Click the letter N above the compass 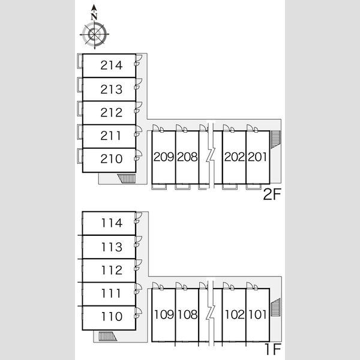94,17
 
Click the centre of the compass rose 94,34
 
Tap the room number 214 112,65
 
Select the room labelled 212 112,113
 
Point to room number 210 112,159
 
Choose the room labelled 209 164,157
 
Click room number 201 257,157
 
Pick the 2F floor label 272,194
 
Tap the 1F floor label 273,349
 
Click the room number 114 112,223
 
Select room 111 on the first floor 111,293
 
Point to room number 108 187,314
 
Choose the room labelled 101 257,314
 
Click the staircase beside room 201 275,140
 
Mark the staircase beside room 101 275,307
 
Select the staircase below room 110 108,337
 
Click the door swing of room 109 155,286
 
